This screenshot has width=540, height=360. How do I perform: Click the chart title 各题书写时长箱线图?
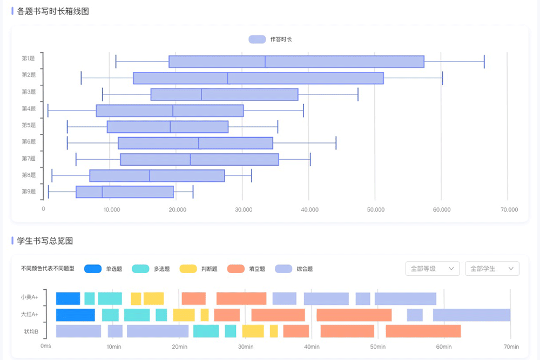pos(53,11)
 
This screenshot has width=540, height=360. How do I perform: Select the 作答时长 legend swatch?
pos(257,39)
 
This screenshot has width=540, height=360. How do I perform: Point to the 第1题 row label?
pos(29,58)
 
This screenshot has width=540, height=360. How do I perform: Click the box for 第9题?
pos(125,192)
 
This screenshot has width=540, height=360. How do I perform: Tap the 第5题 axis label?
pos(29,125)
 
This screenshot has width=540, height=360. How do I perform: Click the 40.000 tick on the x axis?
pos(309,209)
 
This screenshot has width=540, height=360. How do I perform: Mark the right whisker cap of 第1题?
pos(484,62)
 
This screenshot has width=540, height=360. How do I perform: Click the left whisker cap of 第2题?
pos(82,78)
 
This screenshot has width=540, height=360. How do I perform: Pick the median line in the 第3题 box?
pos(201,94)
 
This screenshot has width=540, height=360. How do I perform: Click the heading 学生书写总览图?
pos(45,241)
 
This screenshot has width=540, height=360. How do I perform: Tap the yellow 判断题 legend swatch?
pos(188,269)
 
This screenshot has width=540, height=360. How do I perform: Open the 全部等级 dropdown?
pos(432,268)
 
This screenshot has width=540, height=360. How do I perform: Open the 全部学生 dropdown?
pos(492,268)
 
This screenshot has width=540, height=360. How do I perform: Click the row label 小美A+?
pos(30,297)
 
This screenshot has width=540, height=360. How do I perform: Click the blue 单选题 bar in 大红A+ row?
pos(76,315)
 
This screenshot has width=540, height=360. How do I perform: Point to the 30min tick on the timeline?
pos(246,347)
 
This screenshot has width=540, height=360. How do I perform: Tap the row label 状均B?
pos(31,331)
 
